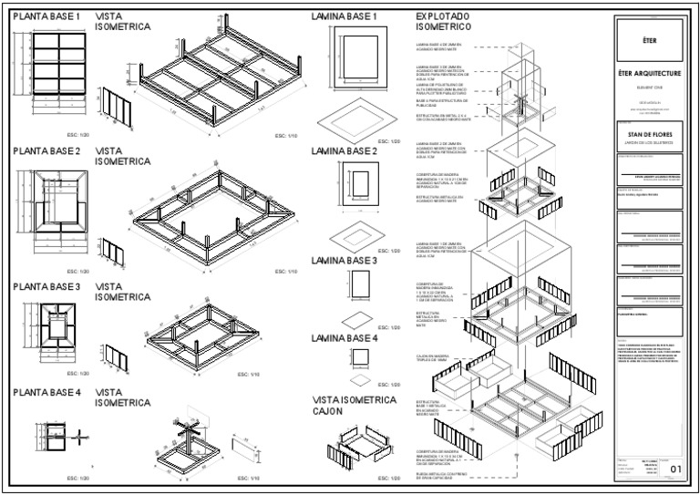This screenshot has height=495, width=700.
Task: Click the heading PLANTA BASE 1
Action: [x=46, y=16]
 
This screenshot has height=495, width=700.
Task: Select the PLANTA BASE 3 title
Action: [x=46, y=286]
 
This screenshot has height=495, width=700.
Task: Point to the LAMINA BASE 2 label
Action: [x=344, y=151]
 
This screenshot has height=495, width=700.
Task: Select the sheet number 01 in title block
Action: [x=675, y=469]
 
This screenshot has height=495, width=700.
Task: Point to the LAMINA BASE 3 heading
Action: [x=344, y=261]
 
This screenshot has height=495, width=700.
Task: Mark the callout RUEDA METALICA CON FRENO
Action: [x=442, y=475]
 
